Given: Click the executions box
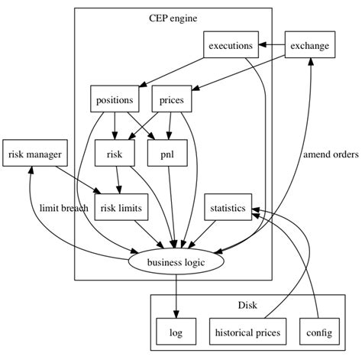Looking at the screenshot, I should coord(230,46).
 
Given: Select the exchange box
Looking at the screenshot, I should coord(309,46).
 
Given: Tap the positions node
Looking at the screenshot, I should coord(115,99).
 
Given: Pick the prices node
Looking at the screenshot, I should coord(172,99).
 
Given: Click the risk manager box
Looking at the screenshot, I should coord(34,154).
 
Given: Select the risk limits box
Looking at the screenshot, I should coord(120,208).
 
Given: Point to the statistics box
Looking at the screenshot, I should coord(227,208).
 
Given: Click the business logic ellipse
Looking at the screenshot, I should coord(176,262).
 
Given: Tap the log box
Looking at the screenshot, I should coord(176,332).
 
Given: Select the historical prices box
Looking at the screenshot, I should coord(247,332).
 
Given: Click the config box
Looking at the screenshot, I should coord(318,332).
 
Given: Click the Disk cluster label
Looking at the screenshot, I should coord(247,306).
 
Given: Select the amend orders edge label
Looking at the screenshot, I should coord(330,154).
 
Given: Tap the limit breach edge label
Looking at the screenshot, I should coord(64,208).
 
